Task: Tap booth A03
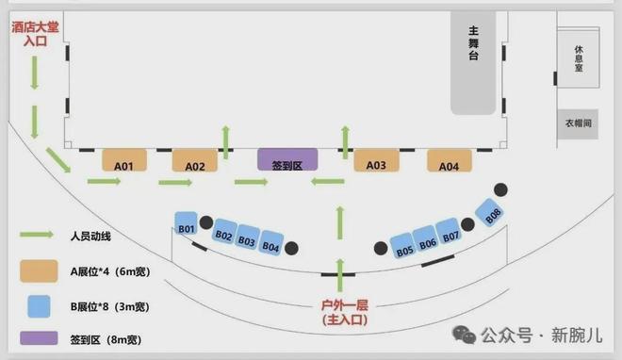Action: click(376, 164)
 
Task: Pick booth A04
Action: click(449, 164)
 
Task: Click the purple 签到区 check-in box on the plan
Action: click(287, 162)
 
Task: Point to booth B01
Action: click(186, 226)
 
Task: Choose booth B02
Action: click(224, 234)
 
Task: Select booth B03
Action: click(247, 239)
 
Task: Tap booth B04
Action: click(270, 245)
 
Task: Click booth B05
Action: click(404, 249)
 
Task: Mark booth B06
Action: click(428, 241)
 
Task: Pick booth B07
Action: click(450, 235)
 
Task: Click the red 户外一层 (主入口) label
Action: click(342, 312)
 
